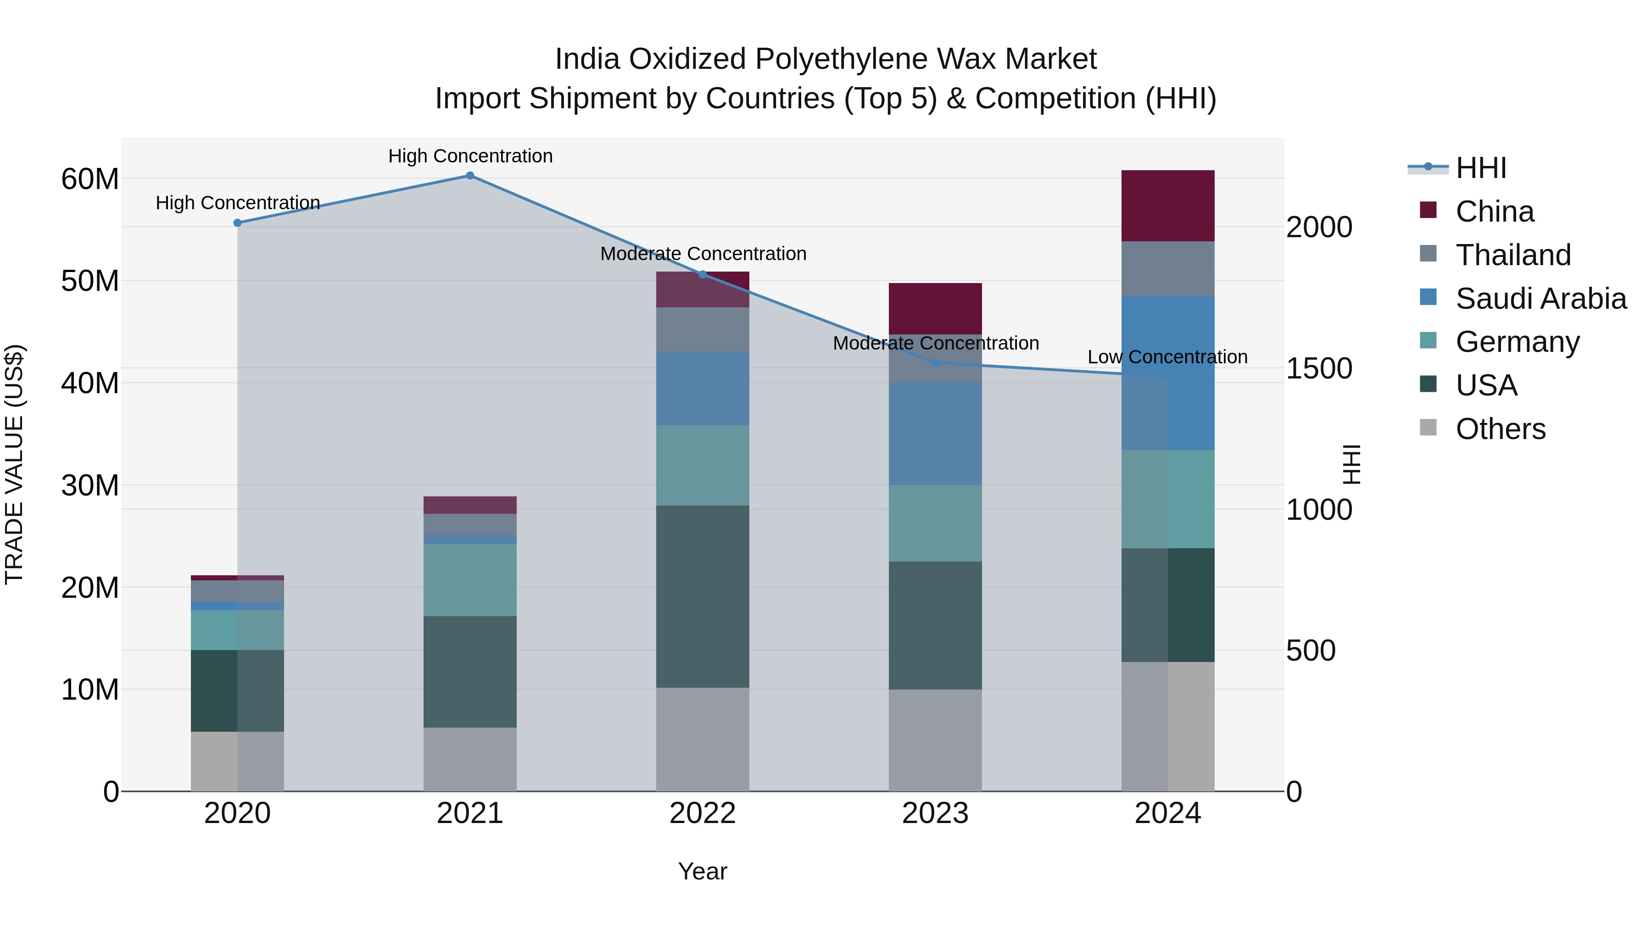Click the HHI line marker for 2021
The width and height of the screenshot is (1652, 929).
click(470, 176)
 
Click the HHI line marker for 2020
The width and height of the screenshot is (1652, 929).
click(237, 223)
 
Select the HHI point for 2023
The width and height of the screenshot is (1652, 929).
click(935, 363)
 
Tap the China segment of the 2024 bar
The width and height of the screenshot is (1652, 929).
click(1168, 206)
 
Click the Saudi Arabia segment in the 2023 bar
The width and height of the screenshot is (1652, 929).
click(935, 434)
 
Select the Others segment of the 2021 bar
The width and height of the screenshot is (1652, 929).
click(470, 759)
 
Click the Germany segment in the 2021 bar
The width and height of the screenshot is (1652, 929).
click(470, 580)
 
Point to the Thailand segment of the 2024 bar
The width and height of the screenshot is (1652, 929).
click(1168, 269)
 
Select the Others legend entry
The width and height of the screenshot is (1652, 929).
click(1500, 429)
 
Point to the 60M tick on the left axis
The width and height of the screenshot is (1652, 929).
click(90, 179)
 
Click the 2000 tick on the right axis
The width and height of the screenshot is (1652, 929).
click(1319, 228)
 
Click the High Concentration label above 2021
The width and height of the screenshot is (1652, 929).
click(470, 156)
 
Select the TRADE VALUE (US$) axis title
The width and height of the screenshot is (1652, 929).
click(14, 464)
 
